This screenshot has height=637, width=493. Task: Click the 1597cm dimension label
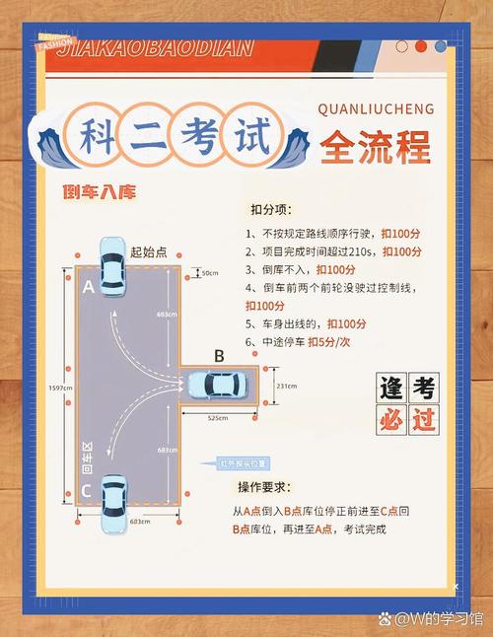tap(59, 389)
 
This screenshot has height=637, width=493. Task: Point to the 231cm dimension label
tap(286, 387)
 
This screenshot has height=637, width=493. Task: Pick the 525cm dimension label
tap(217, 418)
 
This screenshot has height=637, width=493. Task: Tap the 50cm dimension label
tap(210, 272)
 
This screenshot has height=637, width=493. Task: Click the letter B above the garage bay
tap(219, 356)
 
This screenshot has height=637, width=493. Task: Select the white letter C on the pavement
tap(88, 489)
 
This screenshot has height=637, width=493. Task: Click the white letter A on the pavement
tap(88, 287)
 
